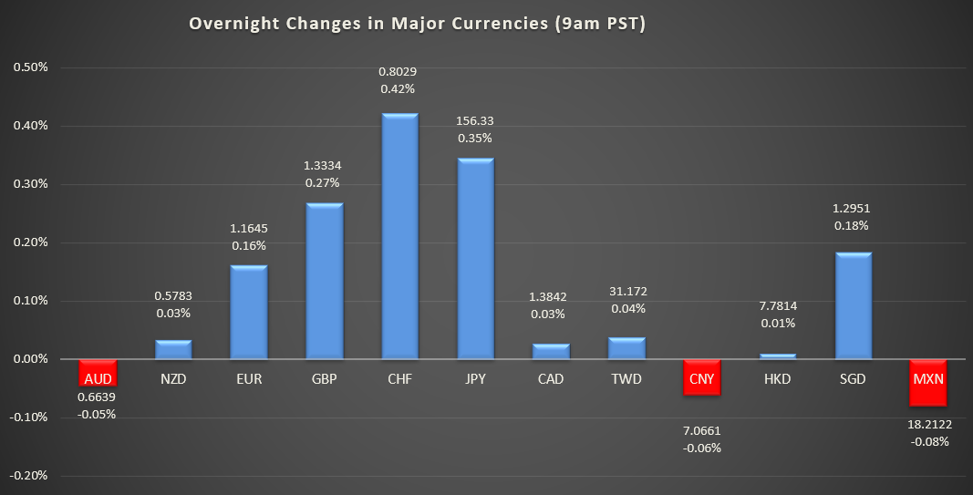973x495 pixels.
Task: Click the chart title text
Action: click(417, 25)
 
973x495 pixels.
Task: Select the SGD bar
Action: click(854, 305)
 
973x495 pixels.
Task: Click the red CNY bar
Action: click(702, 377)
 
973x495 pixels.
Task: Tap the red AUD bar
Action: click(97, 374)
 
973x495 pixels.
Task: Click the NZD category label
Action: click(172, 379)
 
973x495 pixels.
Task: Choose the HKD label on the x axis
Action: click(778, 379)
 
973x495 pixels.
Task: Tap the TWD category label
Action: click(626, 379)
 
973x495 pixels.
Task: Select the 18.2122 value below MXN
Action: click(930, 424)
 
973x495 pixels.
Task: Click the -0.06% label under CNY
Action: click(702, 447)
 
